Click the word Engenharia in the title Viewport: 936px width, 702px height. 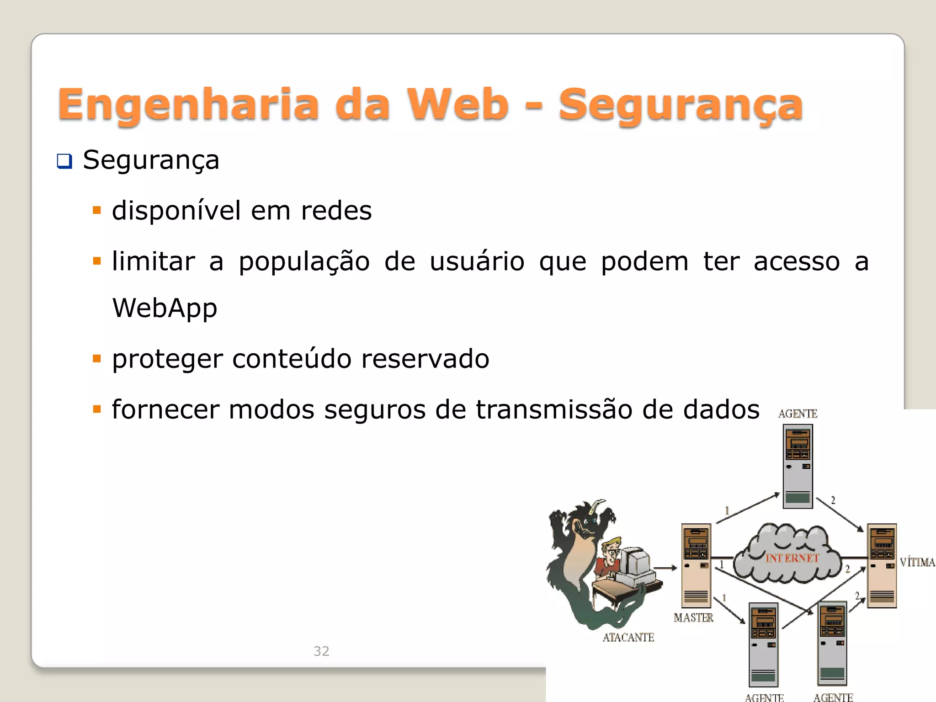188,105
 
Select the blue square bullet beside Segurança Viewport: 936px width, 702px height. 64,161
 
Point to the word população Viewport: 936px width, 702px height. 304,262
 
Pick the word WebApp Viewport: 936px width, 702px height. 165,308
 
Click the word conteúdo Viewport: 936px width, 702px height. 292,359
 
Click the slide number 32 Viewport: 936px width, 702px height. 321,651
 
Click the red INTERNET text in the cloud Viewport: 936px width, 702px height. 792,558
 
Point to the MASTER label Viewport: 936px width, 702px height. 693,618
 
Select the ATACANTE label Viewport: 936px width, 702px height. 628,638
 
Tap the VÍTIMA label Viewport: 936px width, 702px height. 917,562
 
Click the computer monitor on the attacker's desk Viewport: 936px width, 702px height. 635,562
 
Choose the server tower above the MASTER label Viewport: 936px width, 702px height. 696,565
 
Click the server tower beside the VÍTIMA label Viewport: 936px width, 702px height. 882,565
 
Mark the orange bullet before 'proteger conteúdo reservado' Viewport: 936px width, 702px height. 96,359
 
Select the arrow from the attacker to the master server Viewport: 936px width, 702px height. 665,568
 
